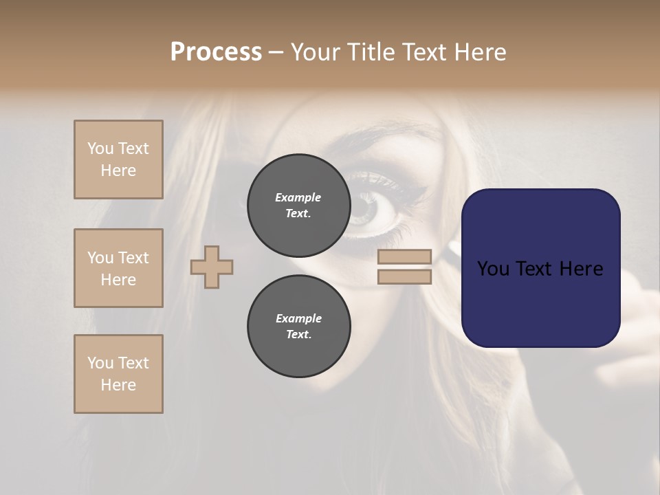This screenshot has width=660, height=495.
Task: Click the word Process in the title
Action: pos(216,52)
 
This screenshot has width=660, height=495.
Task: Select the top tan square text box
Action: pos(118,159)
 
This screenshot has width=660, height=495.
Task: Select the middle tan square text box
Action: pos(118,268)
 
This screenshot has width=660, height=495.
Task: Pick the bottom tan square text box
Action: pos(118,374)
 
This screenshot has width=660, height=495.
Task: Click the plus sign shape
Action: pos(212,267)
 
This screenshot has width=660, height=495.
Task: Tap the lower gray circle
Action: pos(298,327)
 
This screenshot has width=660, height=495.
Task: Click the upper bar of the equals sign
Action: pos(404,257)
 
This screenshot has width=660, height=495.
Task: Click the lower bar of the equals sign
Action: pos(404,277)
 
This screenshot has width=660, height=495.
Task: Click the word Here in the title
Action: pos(479,52)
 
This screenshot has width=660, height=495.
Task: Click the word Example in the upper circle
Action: pos(298,197)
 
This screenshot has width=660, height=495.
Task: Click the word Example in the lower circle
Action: pos(298,318)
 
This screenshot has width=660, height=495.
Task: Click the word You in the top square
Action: pos(100,148)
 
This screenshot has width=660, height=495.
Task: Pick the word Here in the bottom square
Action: pos(118,385)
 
